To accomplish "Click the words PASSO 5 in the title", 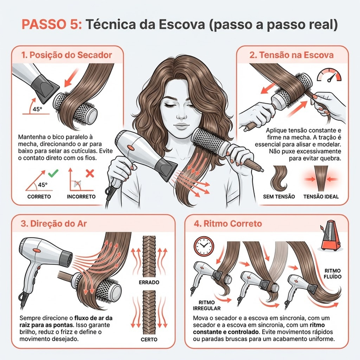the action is (52, 24).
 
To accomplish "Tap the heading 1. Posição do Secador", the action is (67, 55).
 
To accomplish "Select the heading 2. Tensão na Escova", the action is (292, 55).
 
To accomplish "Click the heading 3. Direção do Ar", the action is (54, 224).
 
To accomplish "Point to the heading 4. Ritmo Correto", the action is (228, 224).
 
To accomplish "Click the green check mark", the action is (53, 173).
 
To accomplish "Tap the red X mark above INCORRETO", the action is (90, 173).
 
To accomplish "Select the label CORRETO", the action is (39, 197).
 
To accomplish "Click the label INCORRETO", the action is (81, 197).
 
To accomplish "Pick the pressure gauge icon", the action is (329, 75).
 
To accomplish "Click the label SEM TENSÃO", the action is (279, 197).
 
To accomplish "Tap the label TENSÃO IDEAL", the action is (321, 197).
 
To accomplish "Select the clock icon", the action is (204, 246).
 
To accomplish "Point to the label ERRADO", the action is (149, 283).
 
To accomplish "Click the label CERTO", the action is (149, 340).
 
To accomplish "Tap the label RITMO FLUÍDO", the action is (333, 274).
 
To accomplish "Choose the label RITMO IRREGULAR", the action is (207, 306).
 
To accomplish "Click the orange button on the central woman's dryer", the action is (130, 148).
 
